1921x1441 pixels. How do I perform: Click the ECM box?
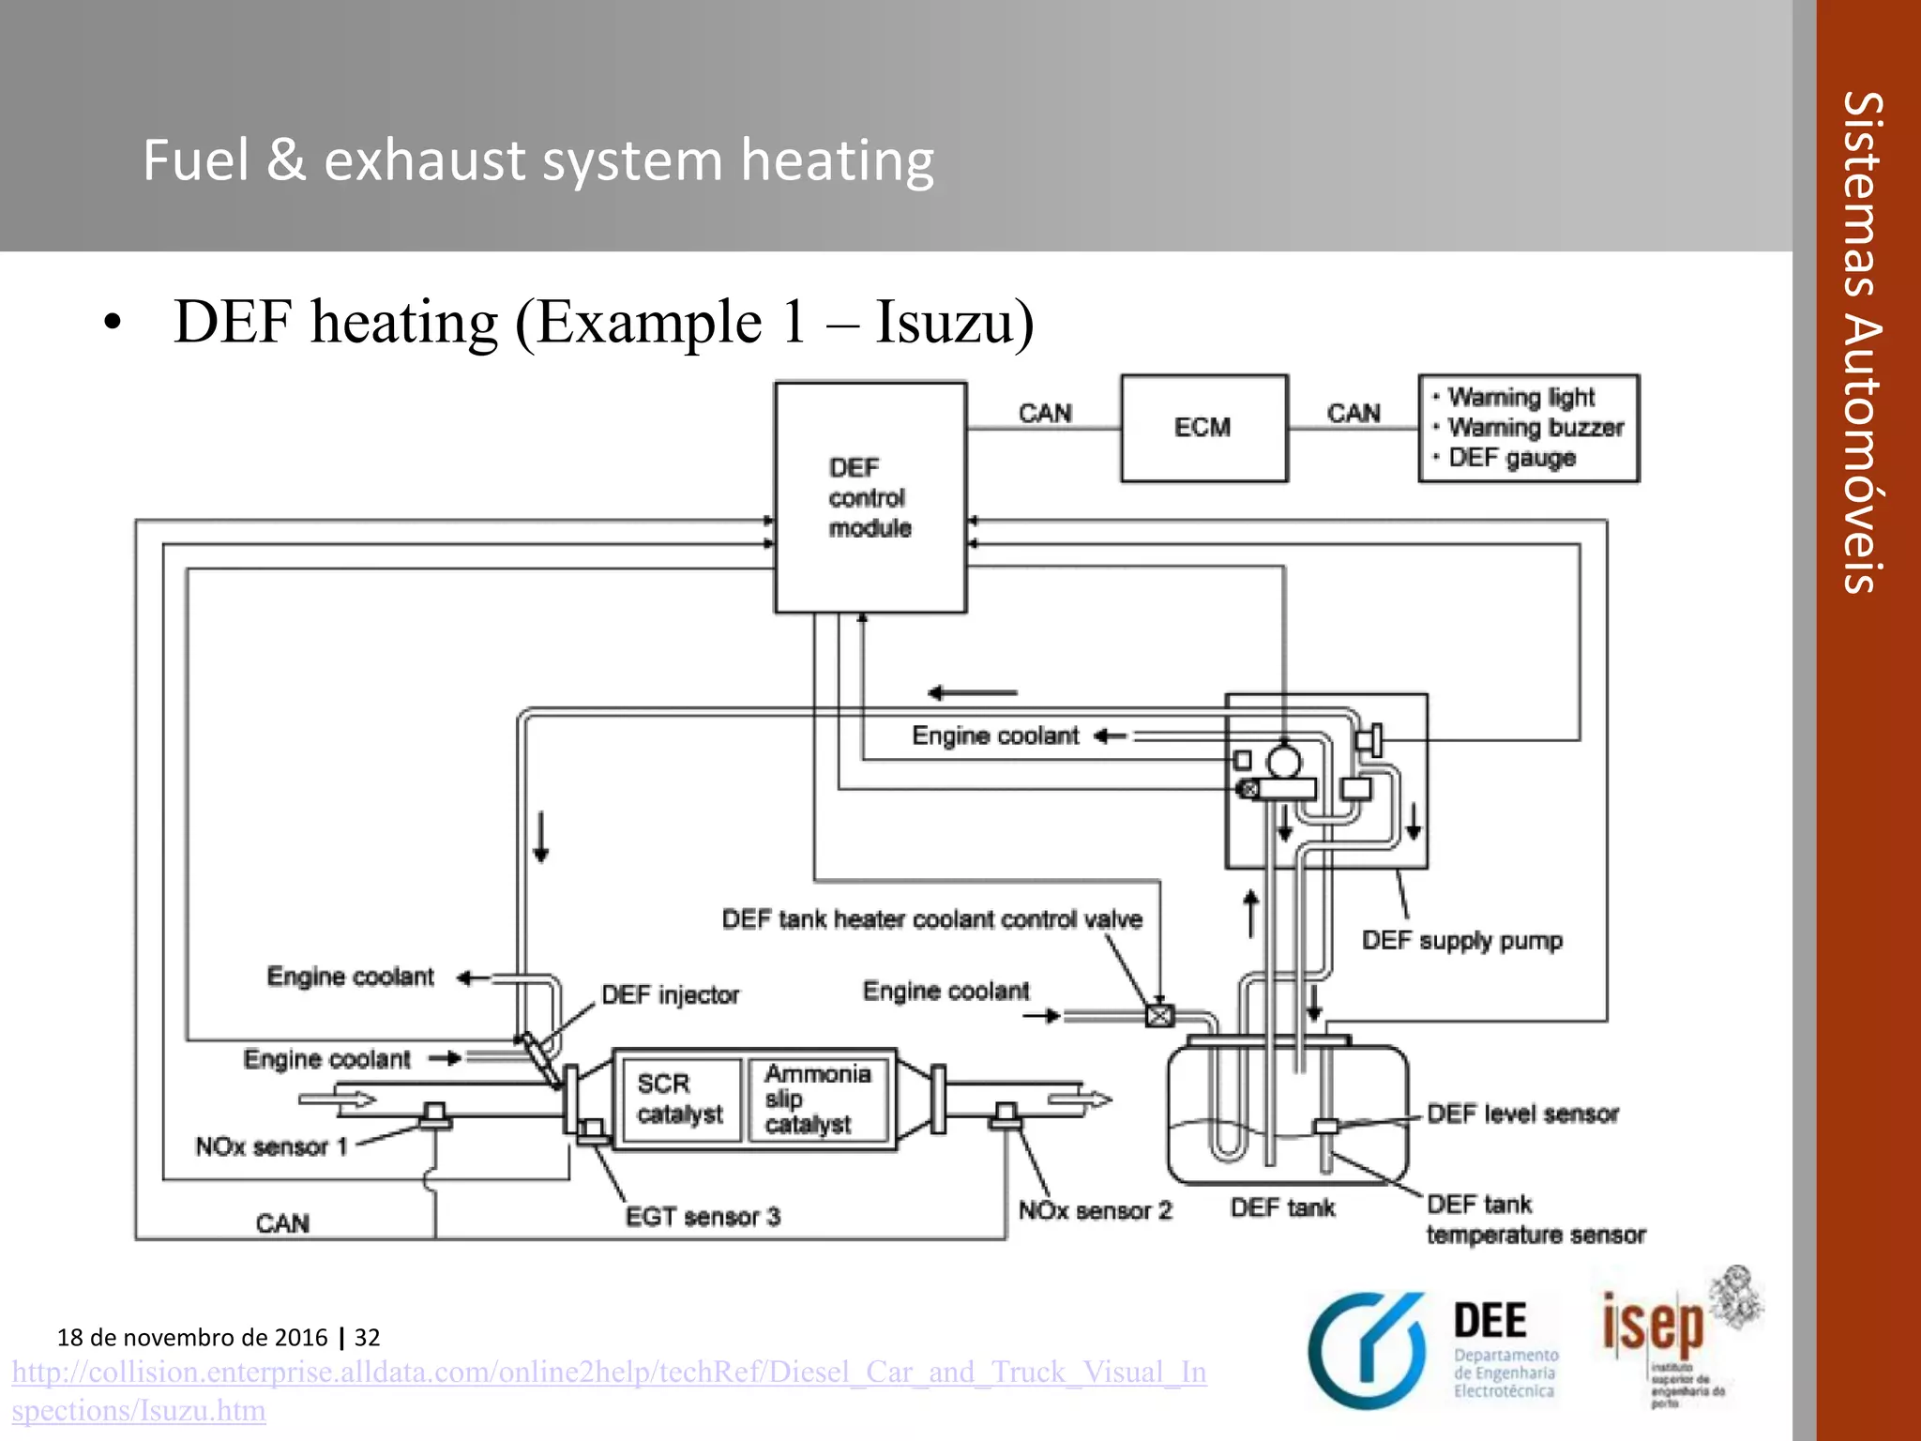click(x=1203, y=428)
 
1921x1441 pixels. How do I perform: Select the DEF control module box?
click(x=870, y=497)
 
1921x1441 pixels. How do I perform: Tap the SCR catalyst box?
click(x=680, y=1099)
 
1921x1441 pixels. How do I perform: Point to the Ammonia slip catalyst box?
click(x=817, y=1099)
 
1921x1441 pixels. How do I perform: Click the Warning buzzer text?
click(x=1535, y=428)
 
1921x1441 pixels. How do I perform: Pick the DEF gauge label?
click(x=1511, y=458)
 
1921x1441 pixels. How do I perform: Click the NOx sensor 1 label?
click(x=271, y=1146)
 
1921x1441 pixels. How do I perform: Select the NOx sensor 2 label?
click(x=1095, y=1210)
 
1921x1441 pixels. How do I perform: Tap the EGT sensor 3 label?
click(x=703, y=1217)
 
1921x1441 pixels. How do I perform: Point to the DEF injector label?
click(x=670, y=994)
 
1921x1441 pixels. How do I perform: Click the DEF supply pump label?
click(x=1461, y=940)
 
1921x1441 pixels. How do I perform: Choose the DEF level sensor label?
click(x=1522, y=1114)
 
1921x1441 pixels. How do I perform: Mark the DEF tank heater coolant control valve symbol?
click(x=1160, y=1015)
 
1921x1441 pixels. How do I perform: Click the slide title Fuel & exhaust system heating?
click(x=538, y=159)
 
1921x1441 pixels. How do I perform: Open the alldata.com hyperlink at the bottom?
click(x=608, y=1373)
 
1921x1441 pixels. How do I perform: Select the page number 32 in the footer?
click(x=367, y=1337)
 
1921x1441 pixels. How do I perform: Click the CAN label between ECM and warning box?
click(x=1353, y=413)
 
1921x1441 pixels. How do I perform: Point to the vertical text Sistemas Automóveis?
click(x=1863, y=342)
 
